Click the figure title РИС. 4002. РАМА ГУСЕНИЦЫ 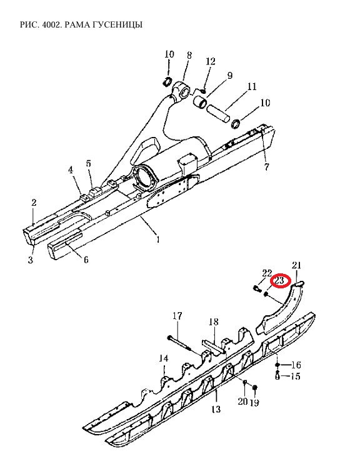coord(81,24)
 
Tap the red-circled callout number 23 coord(279,280)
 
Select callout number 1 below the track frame coord(157,240)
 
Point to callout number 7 coord(266,166)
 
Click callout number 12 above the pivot coord(210,61)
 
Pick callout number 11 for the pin coord(251,86)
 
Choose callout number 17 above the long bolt coord(177,316)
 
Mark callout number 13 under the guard coord(216,409)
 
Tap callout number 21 coord(296,265)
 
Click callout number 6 coord(86,260)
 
